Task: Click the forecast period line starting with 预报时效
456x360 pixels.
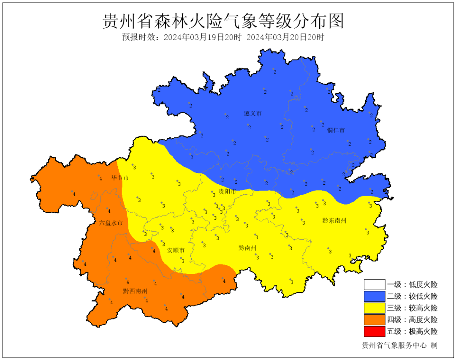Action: click(x=223, y=37)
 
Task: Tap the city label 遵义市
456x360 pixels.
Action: click(x=252, y=114)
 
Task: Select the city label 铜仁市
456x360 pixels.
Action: click(x=336, y=130)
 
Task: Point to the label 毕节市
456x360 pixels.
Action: click(x=120, y=178)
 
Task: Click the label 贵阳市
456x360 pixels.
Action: click(x=227, y=192)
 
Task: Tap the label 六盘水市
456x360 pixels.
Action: click(x=111, y=223)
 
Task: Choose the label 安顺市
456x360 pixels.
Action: click(x=176, y=251)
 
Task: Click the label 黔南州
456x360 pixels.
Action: click(x=247, y=248)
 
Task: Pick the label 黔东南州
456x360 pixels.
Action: click(x=334, y=221)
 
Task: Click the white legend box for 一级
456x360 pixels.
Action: click(x=375, y=285)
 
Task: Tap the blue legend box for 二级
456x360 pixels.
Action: click(x=375, y=297)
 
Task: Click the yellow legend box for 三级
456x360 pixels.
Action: click(x=375, y=308)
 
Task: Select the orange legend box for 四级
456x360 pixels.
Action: click(x=375, y=320)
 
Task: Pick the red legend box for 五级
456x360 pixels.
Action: click(x=375, y=331)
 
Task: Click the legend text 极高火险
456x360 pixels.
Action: click(x=423, y=331)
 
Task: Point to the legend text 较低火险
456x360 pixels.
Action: click(x=423, y=297)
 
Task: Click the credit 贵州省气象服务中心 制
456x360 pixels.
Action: click(x=399, y=346)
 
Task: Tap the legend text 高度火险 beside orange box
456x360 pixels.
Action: click(x=423, y=320)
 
